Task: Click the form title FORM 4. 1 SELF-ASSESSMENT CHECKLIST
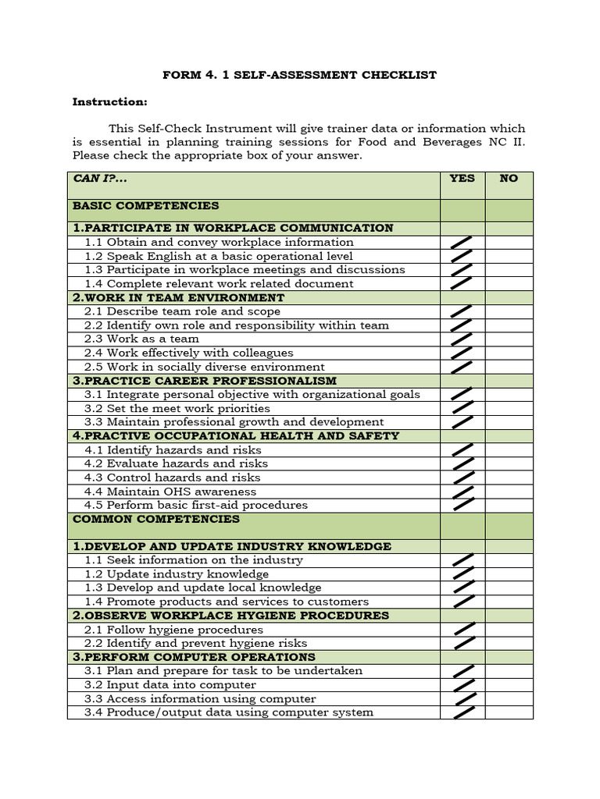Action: pos(299,75)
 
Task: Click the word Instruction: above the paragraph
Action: pos(109,101)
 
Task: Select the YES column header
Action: pos(462,178)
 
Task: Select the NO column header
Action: pos(509,178)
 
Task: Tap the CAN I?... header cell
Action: pos(99,178)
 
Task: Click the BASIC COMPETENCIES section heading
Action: pos(146,206)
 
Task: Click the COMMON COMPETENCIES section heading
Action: pos(156,519)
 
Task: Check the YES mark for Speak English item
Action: pos(462,256)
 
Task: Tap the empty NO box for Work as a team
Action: pos(509,339)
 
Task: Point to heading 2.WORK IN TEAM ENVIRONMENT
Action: pos(179,297)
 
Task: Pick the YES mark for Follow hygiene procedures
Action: pos(465,629)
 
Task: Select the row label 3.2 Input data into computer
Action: pos(170,684)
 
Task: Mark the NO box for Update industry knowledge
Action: pos(509,574)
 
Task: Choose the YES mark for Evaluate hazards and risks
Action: pos(462,463)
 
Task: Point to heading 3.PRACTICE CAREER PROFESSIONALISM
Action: pos(205,381)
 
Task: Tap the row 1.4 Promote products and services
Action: pos(227,602)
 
